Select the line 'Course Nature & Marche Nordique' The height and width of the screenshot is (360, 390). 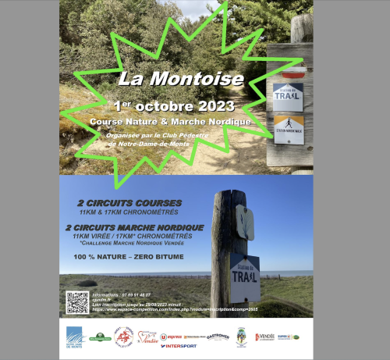click(170, 122)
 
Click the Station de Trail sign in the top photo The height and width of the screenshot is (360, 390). click(289, 97)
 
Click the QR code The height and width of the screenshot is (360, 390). click(77, 302)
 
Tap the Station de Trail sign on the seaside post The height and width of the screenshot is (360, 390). click(245, 277)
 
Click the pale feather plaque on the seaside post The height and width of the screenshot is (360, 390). click(246, 223)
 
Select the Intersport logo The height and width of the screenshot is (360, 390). click(179, 345)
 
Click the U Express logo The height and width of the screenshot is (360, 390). click(171, 337)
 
